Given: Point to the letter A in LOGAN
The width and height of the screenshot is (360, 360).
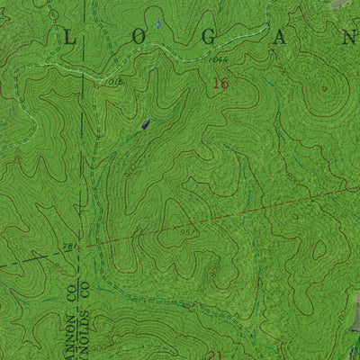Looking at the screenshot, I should [x=274, y=36].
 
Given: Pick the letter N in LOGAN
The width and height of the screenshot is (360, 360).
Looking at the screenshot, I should [x=347, y=36].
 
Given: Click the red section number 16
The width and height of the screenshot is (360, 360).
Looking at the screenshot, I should [x=220, y=84].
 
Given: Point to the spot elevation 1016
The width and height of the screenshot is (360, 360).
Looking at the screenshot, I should [x=114, y=80].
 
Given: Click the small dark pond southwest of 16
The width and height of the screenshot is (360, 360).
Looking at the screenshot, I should [x=144, y=126].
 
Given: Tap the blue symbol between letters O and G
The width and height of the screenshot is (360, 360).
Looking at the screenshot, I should [x=158, y=24].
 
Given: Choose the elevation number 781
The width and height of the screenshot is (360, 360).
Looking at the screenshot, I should [x=68, y=246].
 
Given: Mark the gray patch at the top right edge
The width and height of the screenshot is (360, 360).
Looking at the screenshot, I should [x=340, y=4].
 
